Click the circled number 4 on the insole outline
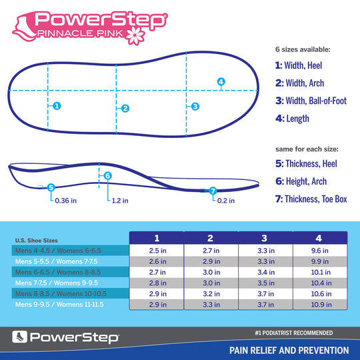(221, 82)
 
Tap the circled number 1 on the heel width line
(57, 105)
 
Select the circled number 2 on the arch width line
(125, 108)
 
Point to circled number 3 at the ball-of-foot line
(195, 106)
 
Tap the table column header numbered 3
(265, 238)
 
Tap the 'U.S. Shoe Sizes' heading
(37, 241)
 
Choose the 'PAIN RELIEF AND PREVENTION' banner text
(289, 350)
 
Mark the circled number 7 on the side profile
(213, 191)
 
